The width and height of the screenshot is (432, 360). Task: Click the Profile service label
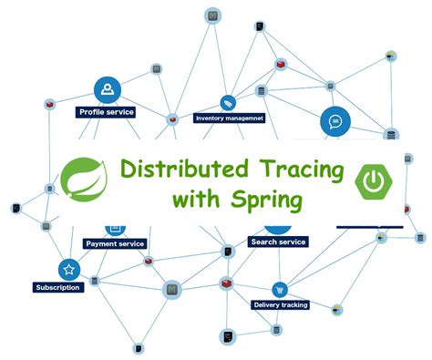(x=107, y=112)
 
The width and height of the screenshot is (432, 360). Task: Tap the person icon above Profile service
(x=108, y=89)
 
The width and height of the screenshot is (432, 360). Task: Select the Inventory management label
(x=229, y=118)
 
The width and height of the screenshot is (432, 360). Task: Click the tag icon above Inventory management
(x=228, y=102)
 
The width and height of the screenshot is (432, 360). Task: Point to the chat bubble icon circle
(x=334, y=120)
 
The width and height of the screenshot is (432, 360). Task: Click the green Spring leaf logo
(x=84, y=180)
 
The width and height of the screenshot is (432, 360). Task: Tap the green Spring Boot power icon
(x=374, y=181)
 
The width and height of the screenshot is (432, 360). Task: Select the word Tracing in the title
(x=299, y=170)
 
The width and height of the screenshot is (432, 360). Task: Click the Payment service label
(x=114, y=243)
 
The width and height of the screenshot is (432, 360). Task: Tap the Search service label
(x=278, y=242)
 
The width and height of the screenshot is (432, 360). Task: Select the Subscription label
(x=58, y=287)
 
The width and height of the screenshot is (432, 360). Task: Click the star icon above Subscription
(x=67, y=270)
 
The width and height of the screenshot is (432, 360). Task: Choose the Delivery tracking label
(x=280, y=304)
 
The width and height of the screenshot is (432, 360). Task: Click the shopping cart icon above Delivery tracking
(x=281, y=287)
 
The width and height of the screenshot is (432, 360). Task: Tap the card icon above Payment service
(x=116, y=228)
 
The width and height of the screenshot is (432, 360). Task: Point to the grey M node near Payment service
(x=170, y=290)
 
